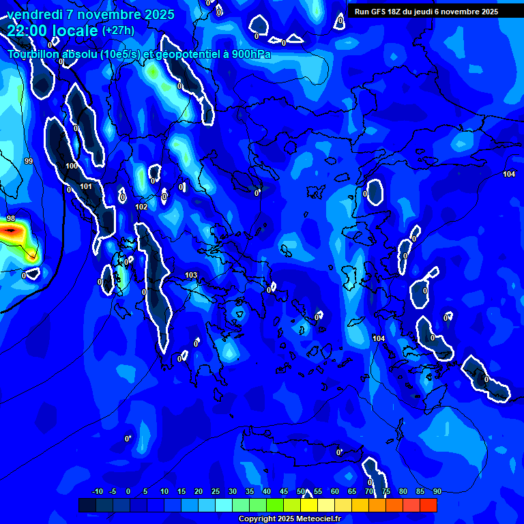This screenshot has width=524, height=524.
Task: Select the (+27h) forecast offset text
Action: [x=118, y=31]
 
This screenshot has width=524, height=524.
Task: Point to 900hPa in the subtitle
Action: [x=247, y=55]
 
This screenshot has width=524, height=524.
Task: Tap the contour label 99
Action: [x=28, y=161]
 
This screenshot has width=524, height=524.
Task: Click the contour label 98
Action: [x=11, y=218]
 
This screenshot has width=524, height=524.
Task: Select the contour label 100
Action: [x=72, y=166]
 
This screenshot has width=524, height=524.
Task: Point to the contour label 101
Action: [x=86, y=186]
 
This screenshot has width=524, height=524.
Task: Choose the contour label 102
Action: [x=141, y=207]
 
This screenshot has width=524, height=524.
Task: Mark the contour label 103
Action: [x=191, y=276]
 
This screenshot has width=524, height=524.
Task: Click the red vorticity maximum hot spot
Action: [x=10, y=231]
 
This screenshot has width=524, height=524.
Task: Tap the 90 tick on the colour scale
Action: [x=437, y=492]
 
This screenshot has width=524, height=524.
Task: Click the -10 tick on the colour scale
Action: [x=97, y=492]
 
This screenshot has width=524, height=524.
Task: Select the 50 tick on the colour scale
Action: [x=301, y=492]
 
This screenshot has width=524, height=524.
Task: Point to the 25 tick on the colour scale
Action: [x=216, y=492]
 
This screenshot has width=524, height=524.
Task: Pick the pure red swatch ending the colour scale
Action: [x=428, y=505]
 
